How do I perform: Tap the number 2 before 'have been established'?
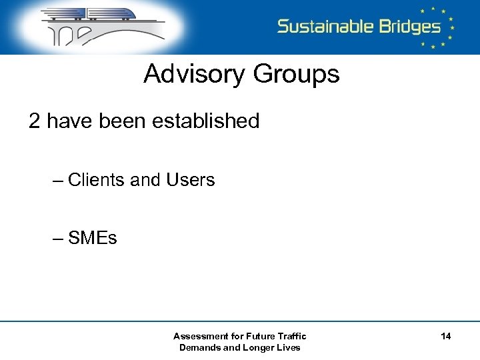[35, 121]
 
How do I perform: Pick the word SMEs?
[93, 238]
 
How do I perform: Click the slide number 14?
[446, 337]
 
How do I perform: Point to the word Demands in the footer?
[200, 347]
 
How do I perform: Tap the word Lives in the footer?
[289, 347]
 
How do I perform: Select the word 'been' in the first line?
[123, 121]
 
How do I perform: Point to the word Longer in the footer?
[257, 347]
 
